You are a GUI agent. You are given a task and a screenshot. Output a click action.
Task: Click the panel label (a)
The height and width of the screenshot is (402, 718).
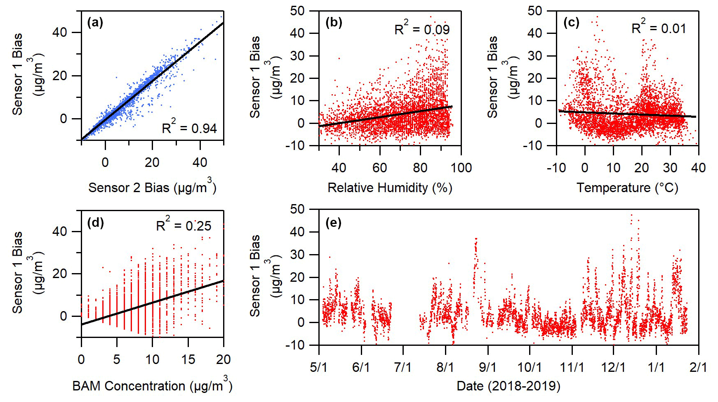click(95, 23)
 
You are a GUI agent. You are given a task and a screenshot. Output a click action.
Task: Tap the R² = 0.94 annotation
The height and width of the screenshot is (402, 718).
click(189, 128)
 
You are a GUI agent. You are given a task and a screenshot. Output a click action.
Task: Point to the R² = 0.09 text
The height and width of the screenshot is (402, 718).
click(422, 29)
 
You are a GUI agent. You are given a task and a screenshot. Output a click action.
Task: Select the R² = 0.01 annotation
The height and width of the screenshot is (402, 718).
click(659, 28)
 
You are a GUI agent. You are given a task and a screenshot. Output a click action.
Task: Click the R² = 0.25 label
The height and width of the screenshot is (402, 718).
click(184, 225)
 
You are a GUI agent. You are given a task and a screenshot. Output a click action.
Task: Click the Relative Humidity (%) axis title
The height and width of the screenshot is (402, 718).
click(390, 188)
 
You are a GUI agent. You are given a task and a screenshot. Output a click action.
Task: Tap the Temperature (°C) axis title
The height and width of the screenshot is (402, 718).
click(627, 188)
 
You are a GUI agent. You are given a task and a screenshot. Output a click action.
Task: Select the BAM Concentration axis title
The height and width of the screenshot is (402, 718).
click(152, 386)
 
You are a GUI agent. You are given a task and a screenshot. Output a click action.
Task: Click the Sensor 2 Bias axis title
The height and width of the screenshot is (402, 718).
click(152, 188)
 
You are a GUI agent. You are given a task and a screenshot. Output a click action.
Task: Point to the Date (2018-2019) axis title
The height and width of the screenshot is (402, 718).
click(508, 386)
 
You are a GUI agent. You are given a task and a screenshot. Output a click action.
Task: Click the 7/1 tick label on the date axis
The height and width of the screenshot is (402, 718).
click(403, 367)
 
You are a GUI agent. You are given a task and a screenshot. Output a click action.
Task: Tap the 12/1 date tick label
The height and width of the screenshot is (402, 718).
click(614, 367)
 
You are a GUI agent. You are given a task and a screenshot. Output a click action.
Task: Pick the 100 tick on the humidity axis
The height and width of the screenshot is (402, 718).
click(461, 168)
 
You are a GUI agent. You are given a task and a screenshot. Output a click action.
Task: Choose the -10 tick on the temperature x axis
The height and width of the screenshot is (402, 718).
click(556, 168)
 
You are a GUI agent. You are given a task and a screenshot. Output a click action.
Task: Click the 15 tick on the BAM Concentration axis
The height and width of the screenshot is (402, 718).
click(188, 359)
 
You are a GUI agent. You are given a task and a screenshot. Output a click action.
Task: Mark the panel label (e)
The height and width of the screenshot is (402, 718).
click(333, 223)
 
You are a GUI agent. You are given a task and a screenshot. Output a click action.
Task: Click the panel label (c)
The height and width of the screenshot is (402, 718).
click(571, 23)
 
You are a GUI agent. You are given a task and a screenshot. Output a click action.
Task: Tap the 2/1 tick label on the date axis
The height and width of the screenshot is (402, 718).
click(698, 367)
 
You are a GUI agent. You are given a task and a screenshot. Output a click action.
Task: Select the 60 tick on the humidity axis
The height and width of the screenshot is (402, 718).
click(379, 168)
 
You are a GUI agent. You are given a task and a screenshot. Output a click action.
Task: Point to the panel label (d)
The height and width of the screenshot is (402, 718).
click(95, 223)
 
